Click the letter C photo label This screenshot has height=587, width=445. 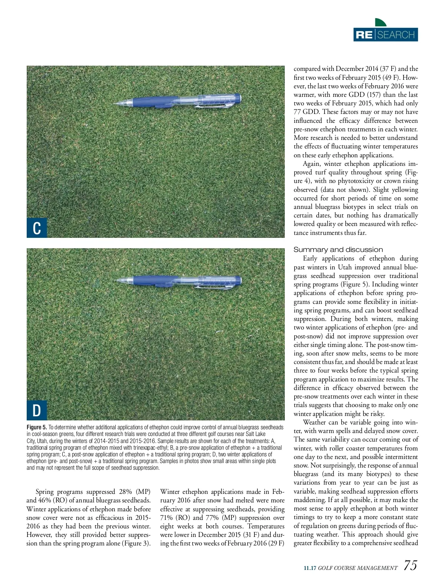click(x=37, y=227)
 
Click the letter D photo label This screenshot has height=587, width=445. click(x=37, y=410)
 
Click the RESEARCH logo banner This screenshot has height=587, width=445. click(x=385, y=35)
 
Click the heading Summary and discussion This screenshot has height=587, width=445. click(x=338, y=250)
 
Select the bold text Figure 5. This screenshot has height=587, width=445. click(x=37, y=427)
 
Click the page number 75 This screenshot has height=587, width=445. click(x=410, y=565)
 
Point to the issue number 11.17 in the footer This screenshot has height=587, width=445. click(x=310, y=568)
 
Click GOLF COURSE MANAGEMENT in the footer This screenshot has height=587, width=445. click(x=358, y=568)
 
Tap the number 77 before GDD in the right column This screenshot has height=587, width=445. click(x=298, y=112)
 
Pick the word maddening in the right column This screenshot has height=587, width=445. click(x=309, y=500)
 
